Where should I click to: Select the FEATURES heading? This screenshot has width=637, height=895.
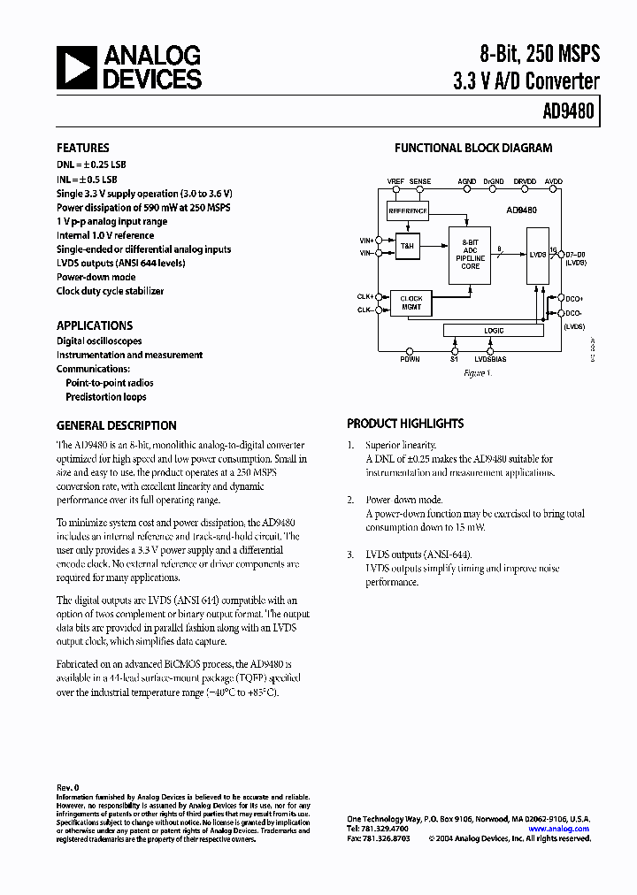click(83, 149)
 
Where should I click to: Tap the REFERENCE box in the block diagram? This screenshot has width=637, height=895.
click(408, 211)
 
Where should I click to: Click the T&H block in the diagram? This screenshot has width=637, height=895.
click(408, 247)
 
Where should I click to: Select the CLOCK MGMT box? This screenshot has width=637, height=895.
click(411, 302)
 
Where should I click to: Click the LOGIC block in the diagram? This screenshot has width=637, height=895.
click(494, 331)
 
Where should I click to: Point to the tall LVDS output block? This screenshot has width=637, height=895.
click(536, 255)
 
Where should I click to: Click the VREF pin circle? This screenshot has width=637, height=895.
click(395, 193)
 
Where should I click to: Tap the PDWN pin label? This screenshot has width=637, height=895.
click(410, 360)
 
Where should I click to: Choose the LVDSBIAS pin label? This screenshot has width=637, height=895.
click(491, 360)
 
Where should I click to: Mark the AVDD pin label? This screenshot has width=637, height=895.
click(554, 182)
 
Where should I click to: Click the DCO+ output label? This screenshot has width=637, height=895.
click(575, 299)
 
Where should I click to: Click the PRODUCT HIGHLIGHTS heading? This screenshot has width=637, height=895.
click(405, 424)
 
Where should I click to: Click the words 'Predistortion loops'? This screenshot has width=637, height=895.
click(106, 397)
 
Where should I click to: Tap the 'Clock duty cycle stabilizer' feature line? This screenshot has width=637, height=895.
click(110, 291)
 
